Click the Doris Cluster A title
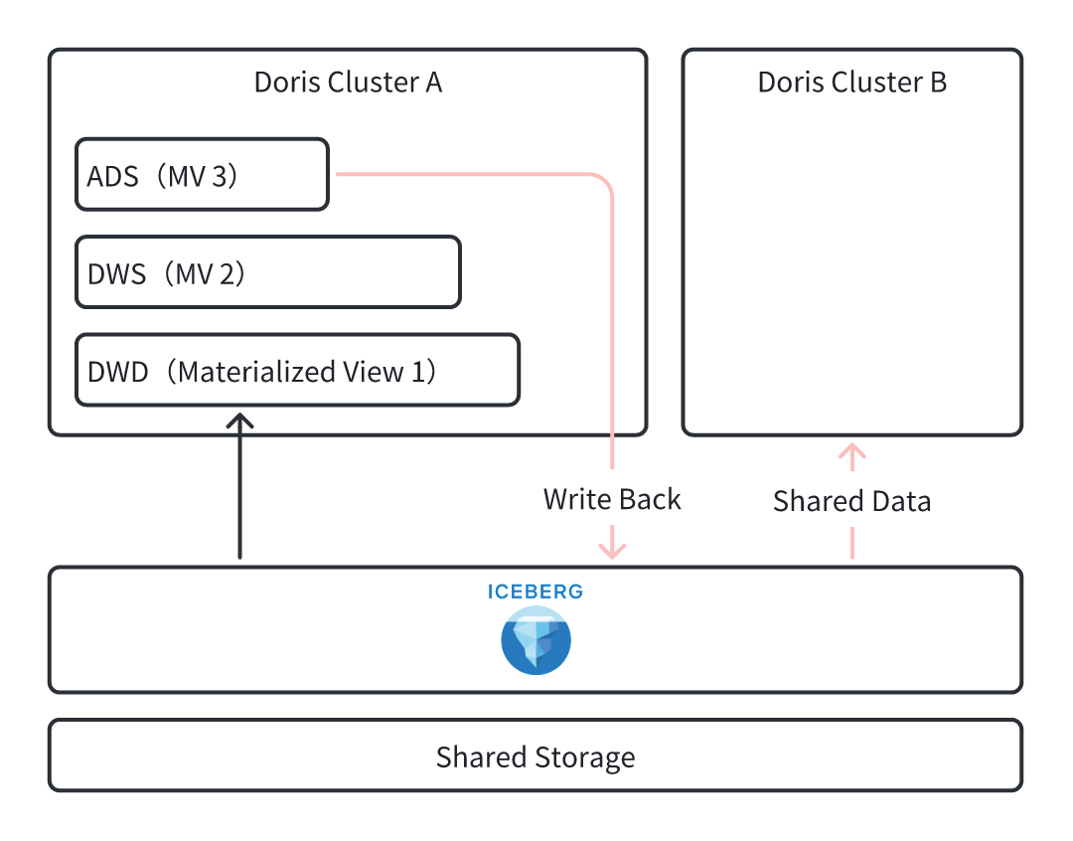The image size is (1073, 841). [x=348, y=82]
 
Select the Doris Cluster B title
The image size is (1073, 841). [x=851, y=82]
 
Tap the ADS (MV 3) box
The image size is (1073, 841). [x=202, y=175]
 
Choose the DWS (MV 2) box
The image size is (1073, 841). [x=267, y=272]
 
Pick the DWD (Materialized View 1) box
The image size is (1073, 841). [x=297, y=371]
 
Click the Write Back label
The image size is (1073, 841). [x=612, y=499]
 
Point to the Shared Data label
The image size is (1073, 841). [x=851, y=501]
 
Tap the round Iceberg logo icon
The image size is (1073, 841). [x=536, y=641]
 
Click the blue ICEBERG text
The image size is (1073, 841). [x=536, y=592]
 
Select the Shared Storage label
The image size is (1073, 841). [x=536, y=757]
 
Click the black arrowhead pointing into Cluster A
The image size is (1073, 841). [x=239, y=420]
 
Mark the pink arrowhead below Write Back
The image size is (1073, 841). [x=612, y=549]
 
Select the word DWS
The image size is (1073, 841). [x=117, y=272]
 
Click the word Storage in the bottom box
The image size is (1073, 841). [x=584, y=757]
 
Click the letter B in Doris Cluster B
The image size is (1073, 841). [x=938, y=82]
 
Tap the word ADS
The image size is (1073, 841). [x=111, y=175]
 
